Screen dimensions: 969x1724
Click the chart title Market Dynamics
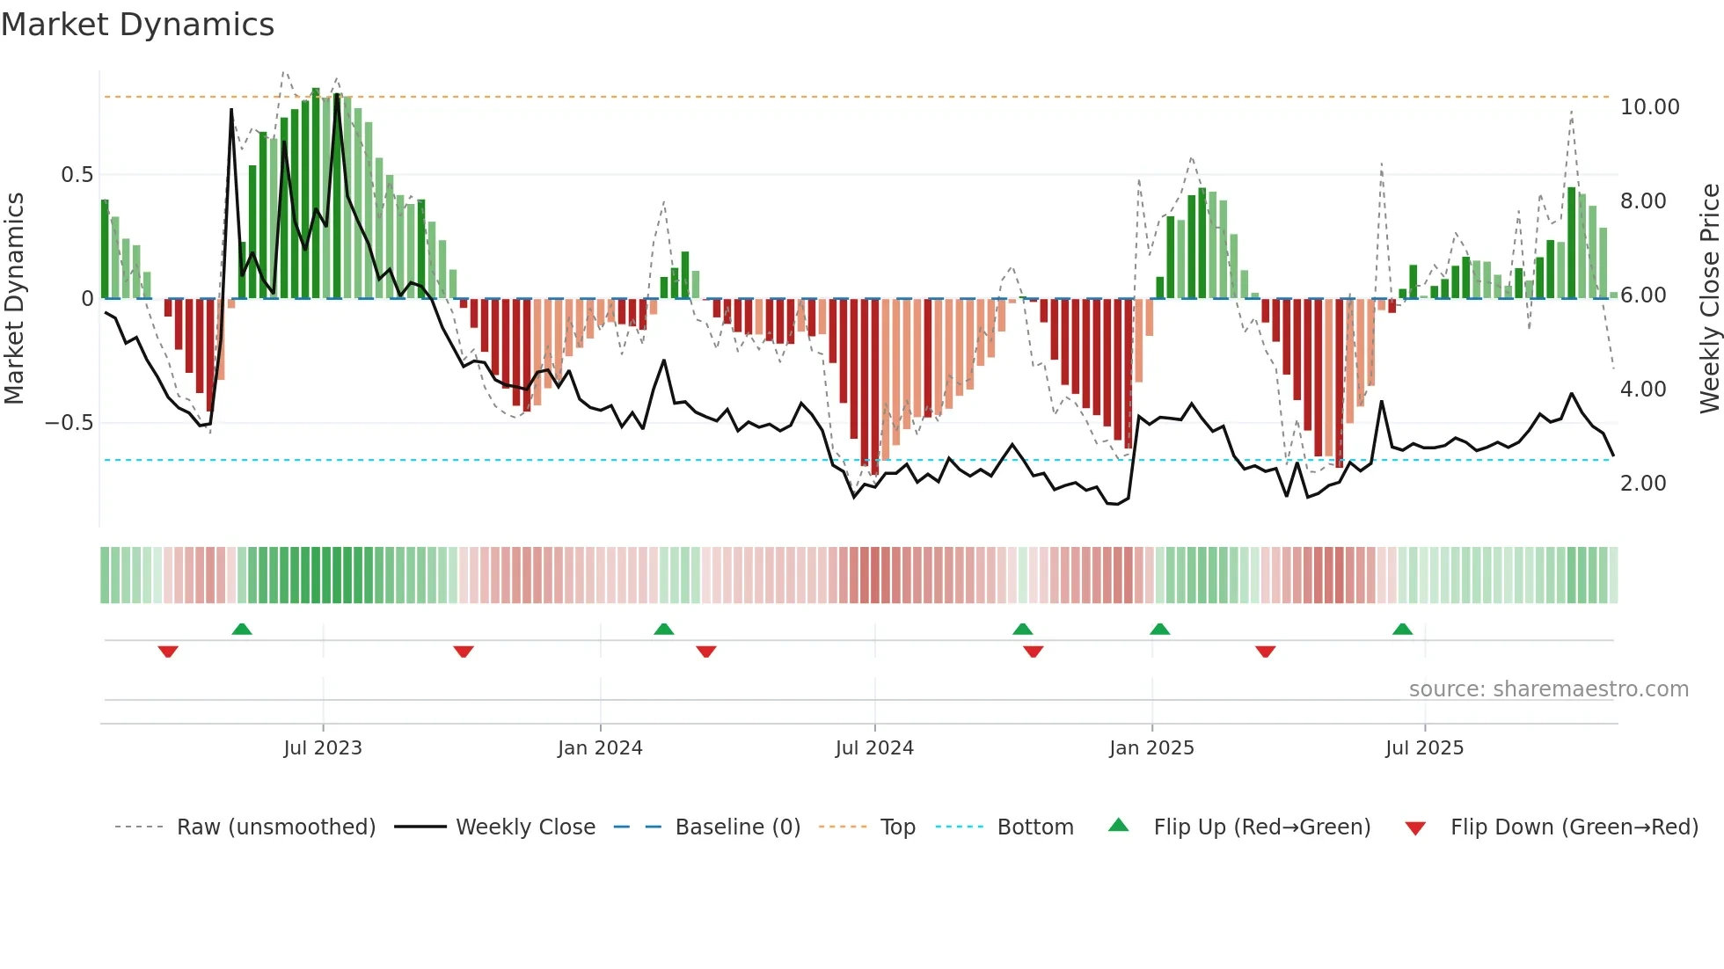(137, 25)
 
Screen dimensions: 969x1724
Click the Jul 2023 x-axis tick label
(323, 748)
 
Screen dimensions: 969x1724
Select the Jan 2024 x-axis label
(600, 748)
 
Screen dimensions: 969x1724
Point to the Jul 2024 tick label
(874, 748)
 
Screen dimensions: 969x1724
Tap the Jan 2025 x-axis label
(1151, 748)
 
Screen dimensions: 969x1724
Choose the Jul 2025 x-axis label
(1424, 748)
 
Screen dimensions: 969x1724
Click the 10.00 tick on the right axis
(1649, 107)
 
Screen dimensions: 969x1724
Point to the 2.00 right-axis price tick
(1643, 484)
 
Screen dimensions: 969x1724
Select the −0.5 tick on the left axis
(69, 423)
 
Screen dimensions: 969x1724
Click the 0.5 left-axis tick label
(77, 175)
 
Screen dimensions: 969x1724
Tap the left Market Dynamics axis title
(14, 299)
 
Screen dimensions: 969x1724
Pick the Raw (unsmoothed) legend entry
(275, 827)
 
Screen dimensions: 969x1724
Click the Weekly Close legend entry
(525, 827)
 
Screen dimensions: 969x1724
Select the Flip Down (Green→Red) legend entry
(1574, 827)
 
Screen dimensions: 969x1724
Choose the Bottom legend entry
(1034, 827)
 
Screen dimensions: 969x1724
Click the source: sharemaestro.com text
(1548, 689)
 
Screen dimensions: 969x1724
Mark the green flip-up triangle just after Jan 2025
(1160, 630)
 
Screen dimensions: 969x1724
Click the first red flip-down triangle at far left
(168, 652)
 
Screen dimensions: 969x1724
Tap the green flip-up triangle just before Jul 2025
(1402, 630)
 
